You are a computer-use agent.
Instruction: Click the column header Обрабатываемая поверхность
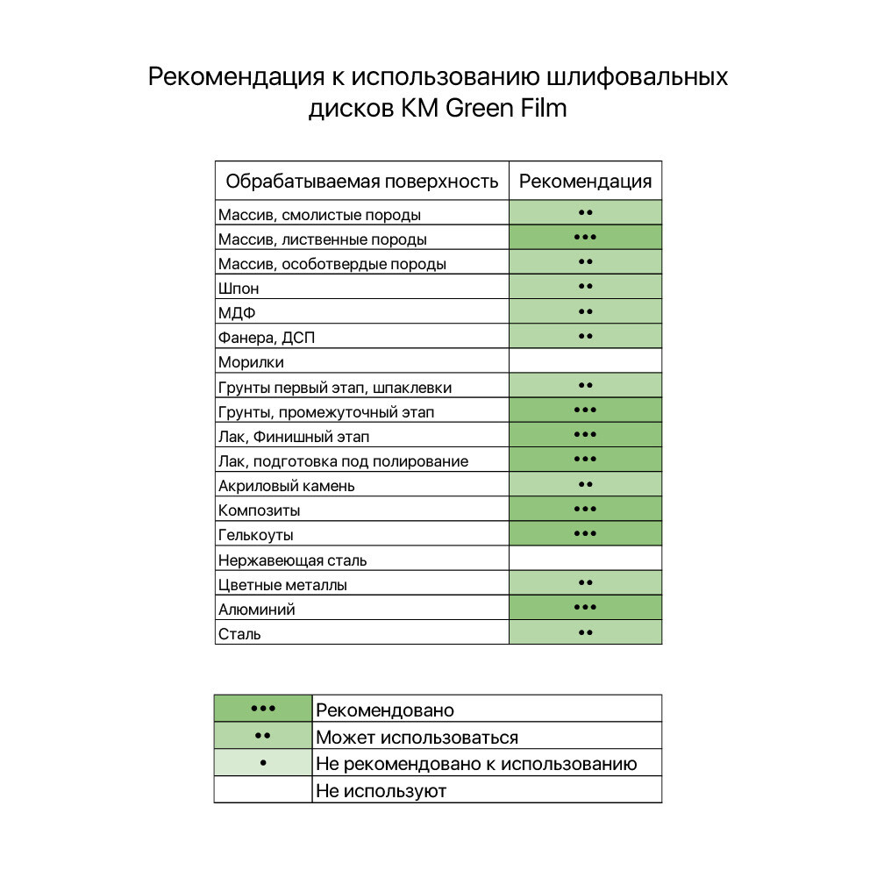click(362, 182)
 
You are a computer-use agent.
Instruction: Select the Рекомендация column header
click(585, 182)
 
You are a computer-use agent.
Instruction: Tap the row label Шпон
click(239, 289)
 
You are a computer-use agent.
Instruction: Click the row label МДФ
click(237, 313)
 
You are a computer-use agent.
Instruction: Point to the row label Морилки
click(251, 362)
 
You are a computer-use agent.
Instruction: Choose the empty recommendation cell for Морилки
click(585, 361)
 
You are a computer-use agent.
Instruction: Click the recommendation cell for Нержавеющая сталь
click(585, 559)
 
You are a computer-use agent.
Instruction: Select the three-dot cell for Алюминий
click(585, 608)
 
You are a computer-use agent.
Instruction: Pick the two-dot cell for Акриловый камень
click(585, 485)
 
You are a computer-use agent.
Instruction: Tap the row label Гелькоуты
click(256, 535)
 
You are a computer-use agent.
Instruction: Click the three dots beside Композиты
click(585, 510)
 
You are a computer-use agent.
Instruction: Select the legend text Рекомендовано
click(385, 710)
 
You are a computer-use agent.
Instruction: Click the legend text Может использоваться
click(417, 738)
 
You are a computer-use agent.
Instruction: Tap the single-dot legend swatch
click(263, 763)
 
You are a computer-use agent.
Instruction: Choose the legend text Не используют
click(381, 791)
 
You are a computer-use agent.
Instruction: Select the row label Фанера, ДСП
click(264, 338)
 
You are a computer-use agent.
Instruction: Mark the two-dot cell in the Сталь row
click(585, 632)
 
